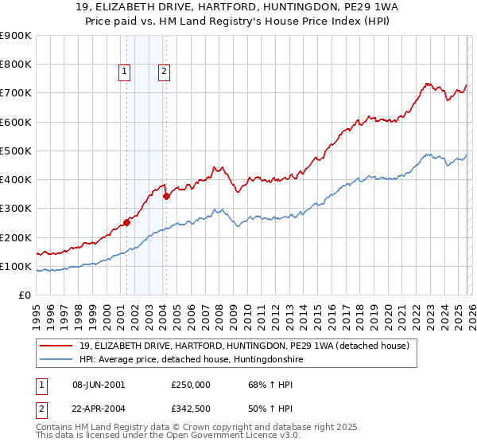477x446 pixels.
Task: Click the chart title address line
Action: click(x=238, y=8)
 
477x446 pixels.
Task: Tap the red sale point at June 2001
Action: click(x=126, y=223)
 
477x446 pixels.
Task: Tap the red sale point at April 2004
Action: click(x=166, y=196)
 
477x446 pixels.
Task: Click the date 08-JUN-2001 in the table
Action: click(x=99, y=384)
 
